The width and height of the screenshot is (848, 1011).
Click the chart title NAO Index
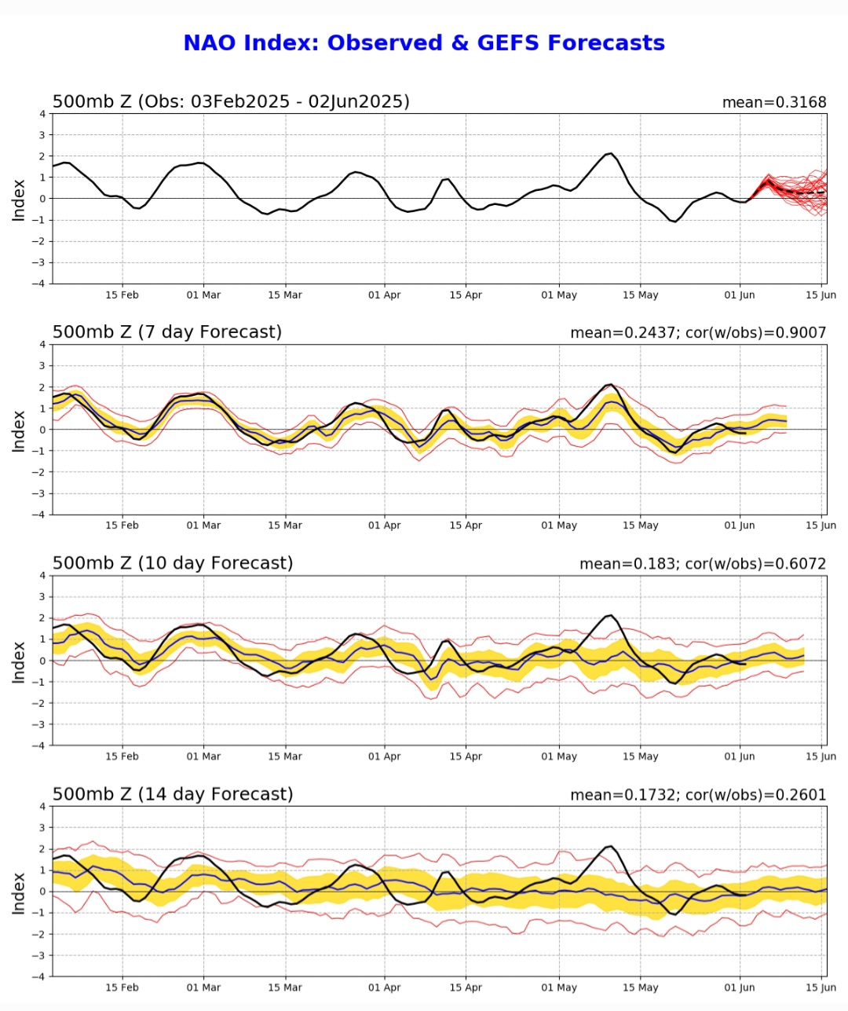coord(423,42)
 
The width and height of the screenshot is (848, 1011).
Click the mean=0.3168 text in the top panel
coord(773,102)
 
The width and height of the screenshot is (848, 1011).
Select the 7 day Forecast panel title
coord(167,332)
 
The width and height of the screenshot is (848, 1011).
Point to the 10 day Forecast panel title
coord(173,563)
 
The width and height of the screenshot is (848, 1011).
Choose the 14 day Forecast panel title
coord(173,794)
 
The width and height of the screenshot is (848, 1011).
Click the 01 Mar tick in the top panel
coord(203,295)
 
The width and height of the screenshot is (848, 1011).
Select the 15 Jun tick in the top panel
coord(821,295)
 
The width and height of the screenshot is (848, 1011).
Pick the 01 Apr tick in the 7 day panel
coord(384,525)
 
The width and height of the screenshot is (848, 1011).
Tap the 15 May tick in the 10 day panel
coord(640,756)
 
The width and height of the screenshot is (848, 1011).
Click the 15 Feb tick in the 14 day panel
coord(122,987)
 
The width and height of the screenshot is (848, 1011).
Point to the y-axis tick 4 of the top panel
coord(42,114)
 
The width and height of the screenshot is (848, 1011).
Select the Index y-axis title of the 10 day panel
coord(19,661)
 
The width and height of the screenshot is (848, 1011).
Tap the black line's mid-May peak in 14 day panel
coord(610,846)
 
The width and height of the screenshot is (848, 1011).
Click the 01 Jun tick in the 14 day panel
coord(739,987)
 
